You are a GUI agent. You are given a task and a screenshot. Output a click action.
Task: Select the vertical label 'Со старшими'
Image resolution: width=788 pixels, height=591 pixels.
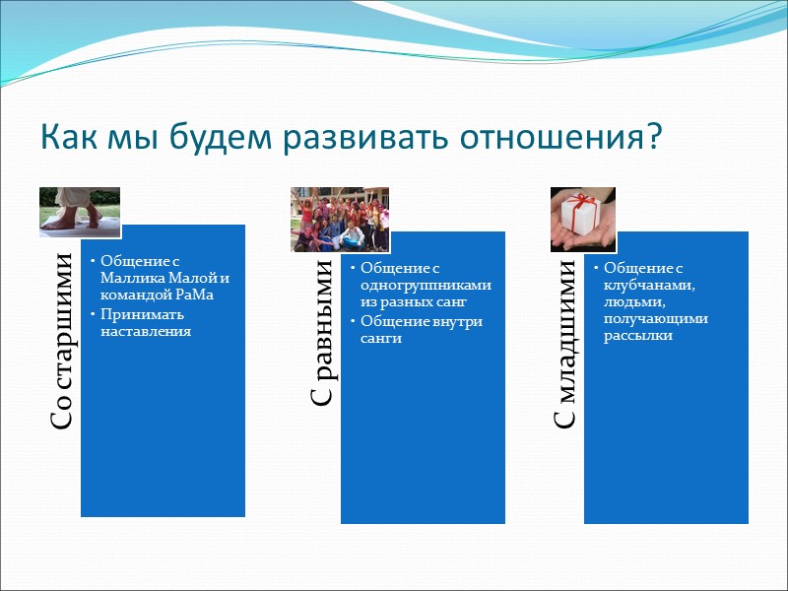(62, 341)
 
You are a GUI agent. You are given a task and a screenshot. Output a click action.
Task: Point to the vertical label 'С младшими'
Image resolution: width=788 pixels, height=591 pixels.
(567, 344)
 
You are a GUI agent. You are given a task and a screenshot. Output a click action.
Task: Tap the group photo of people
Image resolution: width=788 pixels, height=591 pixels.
(339, 219)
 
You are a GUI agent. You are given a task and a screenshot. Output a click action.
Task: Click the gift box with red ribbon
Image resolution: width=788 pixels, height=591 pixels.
(581, 211)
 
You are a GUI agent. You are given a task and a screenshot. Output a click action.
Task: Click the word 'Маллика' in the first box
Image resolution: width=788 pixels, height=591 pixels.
(128, 279)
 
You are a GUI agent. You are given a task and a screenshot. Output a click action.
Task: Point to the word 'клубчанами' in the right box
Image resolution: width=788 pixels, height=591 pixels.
(649, 286)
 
